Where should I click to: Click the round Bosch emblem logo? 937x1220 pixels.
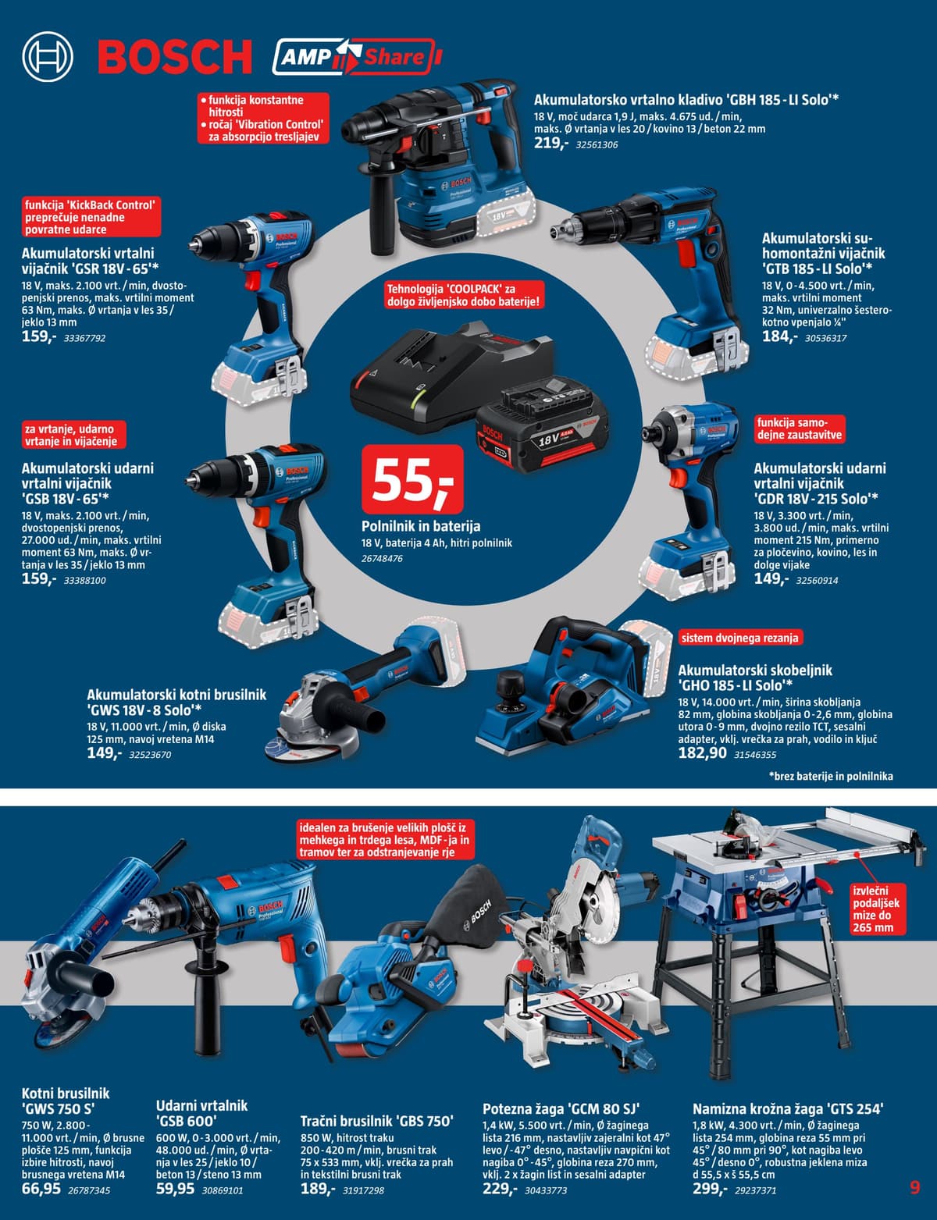48,57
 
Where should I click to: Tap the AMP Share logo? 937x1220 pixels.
357,57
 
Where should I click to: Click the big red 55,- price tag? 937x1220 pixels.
412,479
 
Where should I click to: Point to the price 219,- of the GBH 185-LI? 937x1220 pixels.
550,143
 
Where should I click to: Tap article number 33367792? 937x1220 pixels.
85,338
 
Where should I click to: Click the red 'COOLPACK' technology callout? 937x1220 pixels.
464,295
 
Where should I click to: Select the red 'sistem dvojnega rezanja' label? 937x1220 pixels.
739,638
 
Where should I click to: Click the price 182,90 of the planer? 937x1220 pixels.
702,753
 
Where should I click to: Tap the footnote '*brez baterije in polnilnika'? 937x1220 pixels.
830,777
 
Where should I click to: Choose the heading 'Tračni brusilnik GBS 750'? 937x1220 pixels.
376,1121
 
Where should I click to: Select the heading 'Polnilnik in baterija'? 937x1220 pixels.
421,526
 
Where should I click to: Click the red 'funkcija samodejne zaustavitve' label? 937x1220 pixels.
800,429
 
